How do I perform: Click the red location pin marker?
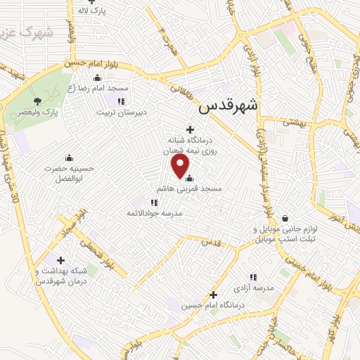(x=181, y=166)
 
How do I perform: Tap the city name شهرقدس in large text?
(x=229, y=105)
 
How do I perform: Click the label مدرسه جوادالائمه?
(x=154, y=213)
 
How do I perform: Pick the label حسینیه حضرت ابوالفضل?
(x=69, y=174)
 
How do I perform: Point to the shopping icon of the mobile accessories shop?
(x=285, y=218)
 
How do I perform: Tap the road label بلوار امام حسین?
(x=103, y=65)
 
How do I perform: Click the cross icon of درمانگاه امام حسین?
(x=214, y=294)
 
